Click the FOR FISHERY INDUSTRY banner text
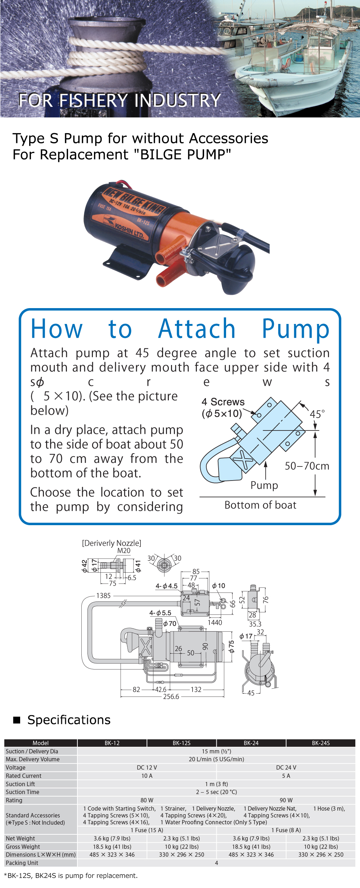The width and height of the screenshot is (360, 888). point(120,100)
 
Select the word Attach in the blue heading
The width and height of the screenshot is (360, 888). point(197,329)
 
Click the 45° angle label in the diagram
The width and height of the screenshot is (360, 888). point(317,414)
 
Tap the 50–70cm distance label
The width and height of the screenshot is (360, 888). point(307,466)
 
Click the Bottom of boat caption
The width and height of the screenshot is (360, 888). point(260,505)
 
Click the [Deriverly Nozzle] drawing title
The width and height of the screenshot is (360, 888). point(112,543)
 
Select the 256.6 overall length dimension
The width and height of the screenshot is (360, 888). point(171,697)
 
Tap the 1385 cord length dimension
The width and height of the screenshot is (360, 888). point(103,595)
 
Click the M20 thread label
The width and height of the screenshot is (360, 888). point(124,551)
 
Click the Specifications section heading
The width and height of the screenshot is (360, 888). point(69,720)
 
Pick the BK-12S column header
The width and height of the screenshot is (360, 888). point(181,743)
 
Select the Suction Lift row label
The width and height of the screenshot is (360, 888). point(21,784)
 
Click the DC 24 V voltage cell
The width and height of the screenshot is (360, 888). point(286,767)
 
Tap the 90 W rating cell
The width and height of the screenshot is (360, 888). point(286,800)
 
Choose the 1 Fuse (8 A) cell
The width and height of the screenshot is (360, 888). point(286,830)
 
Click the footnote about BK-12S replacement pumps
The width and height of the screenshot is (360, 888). point(71,875)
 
